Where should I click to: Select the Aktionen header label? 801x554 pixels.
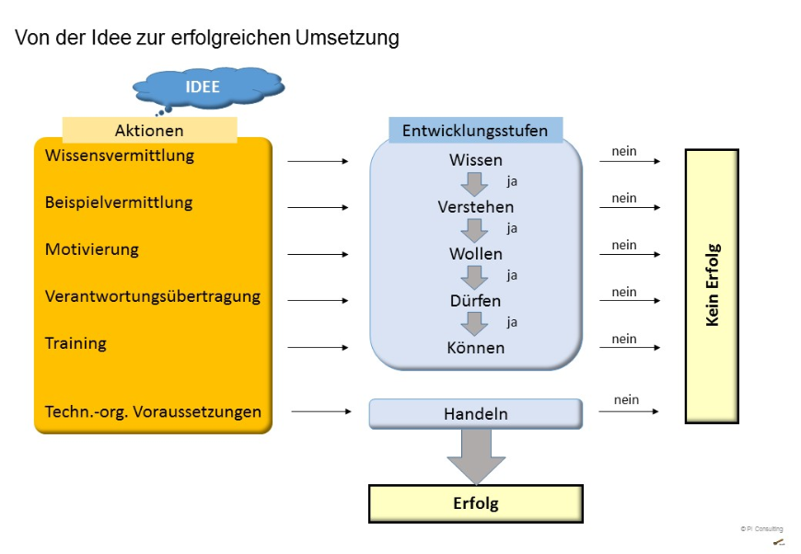pos(149,131)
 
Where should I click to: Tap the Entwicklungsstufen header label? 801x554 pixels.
pos(475,131)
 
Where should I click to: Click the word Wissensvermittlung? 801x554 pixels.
pos(120,156)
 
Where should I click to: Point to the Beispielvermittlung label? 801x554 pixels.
pos(119,202)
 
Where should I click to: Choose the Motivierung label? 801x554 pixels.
pos(92,249)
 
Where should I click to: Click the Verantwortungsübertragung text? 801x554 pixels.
pos(153,296)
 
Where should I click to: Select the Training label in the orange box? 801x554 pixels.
pos(75,343)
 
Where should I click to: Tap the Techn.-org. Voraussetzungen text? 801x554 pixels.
pos(153,411)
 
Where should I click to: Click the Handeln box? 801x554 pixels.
pos(475,414)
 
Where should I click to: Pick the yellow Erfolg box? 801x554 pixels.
pos(475,503)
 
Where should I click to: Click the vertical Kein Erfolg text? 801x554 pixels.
pos(712,285)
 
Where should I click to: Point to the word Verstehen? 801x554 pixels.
pos(475,207)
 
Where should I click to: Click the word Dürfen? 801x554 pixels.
pos(475,301)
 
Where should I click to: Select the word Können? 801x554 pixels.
pos(475,348)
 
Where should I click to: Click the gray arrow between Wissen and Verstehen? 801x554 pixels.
pos(475,183)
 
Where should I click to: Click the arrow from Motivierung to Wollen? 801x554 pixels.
pos(319,254)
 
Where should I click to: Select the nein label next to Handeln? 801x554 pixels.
pos(626,400)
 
